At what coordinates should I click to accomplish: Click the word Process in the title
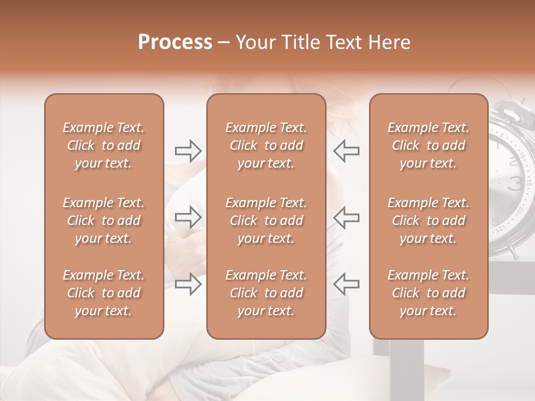click(175, 42)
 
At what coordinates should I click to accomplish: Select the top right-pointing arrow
click(188, 151)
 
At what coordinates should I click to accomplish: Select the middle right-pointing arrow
click(188, 217)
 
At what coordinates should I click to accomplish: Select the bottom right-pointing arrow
click(188, 284)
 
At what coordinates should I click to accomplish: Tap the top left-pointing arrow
click(346, 151)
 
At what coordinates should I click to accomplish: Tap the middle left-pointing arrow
click(346, 217)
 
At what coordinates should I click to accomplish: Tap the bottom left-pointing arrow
click(346, 284)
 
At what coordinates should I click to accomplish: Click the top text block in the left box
click(104, 145)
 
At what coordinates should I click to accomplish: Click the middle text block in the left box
click(104, 221)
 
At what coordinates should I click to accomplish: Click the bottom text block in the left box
click(104, 293)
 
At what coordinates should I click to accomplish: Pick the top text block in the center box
click(266, 145)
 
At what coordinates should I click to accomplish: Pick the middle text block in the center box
click(266, 221)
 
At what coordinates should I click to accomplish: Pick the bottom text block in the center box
click(266, 293)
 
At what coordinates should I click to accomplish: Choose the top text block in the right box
click(428, 145)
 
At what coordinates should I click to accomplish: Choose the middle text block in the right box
click(428, 221)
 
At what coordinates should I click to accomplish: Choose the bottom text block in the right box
click(428, 293)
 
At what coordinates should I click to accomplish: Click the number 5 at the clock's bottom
click(495, 222)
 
